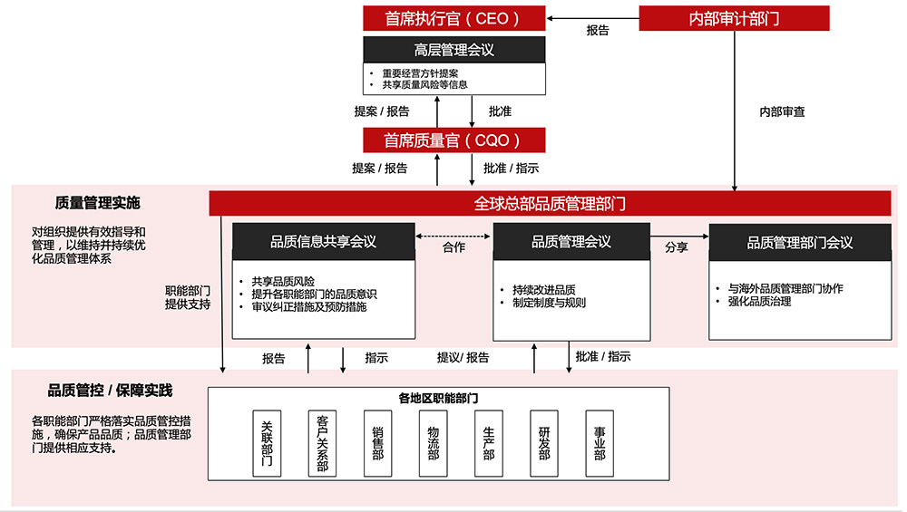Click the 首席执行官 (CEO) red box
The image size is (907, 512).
[453, 18]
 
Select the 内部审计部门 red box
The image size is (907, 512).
[735, 18]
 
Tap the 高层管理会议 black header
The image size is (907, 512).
[453, 50]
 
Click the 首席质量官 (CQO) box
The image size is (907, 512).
[453, 140]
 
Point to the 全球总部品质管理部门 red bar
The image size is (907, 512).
[550, 204]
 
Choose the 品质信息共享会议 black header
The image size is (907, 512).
[323, 242]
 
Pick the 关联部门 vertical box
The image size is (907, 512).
[266, 443]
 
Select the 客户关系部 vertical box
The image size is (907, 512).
[322, 443]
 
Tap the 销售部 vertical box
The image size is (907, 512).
[377, 443]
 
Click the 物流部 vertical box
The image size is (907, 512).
[434, 443]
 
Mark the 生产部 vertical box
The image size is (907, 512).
[489, 443]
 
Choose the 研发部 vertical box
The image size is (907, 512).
[544, 443]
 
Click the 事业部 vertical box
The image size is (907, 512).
[600, 443]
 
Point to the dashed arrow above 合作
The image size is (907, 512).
[453, 237]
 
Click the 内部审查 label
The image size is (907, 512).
[782, 112]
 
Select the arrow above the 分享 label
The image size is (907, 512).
[678, 237]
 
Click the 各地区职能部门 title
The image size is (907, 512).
[439, 398]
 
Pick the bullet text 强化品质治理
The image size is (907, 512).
[759, 302]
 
